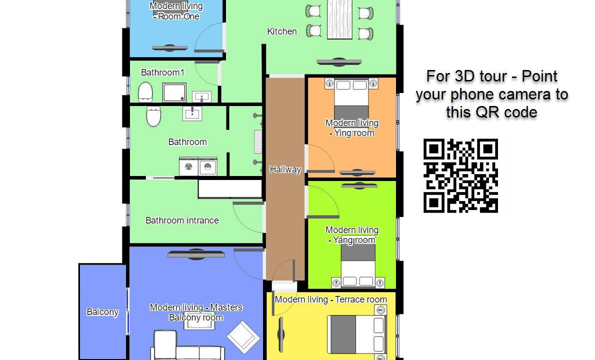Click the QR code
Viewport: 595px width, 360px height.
point(460,175)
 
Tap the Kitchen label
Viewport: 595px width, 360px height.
point(282,31)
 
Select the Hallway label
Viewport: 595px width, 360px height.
point(285,169)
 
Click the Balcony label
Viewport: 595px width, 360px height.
point(102,312)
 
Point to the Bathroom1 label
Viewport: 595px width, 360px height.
point(162,72)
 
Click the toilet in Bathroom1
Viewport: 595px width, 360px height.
point(145,92)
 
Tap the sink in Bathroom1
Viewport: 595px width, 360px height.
point(201,96)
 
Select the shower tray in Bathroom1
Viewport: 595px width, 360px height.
point(174,92)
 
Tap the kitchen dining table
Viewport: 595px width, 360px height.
point(339,19)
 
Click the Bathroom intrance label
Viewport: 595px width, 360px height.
point(182,220)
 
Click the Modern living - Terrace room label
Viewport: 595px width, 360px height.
point(330,299)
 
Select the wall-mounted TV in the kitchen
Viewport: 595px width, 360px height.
point(339,62)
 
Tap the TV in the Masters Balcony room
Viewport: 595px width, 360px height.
point(196,254)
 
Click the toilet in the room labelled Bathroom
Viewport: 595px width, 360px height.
point(153,116)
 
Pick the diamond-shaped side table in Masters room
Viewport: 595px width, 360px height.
point(243,337)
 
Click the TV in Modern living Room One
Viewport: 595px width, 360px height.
point(169,48)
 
